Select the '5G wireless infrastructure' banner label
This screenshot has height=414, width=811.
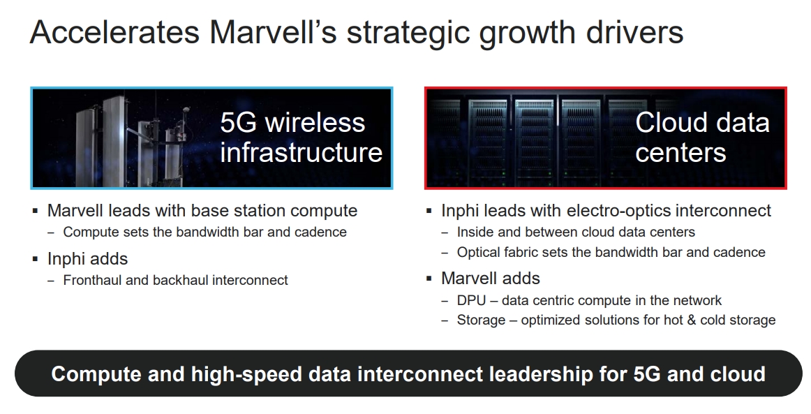coord(301,138)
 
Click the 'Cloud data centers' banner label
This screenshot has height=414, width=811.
coord(701,138)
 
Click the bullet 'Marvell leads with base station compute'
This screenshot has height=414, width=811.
coord(202,211)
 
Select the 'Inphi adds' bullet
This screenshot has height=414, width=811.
coord(87,259)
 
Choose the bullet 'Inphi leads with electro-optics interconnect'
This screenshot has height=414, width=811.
coord(606,211)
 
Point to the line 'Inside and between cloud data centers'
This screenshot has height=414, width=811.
coord(576,232)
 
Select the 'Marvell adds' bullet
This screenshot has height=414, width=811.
coord(490,279)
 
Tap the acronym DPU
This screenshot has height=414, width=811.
coord(472,301)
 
